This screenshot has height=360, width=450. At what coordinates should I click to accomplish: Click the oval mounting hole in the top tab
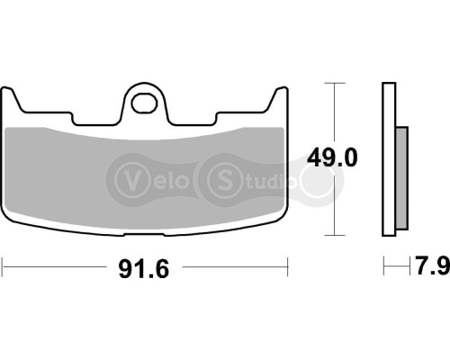(x=144, y=102)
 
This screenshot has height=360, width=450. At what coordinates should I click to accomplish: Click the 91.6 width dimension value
(x=145, y=267)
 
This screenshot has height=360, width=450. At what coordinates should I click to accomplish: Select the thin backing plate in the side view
(x=390, y=162)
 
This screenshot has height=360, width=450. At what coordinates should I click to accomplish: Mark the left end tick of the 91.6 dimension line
(x=3, y=266)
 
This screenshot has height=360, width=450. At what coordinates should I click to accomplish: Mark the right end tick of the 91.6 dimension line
(x=287, y=266)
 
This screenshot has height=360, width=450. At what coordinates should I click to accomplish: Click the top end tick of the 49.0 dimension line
(x=335, y=84)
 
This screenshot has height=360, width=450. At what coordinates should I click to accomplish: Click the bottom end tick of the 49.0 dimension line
(x=335, y=237)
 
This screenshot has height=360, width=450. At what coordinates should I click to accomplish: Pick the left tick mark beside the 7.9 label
(x=384, y=266)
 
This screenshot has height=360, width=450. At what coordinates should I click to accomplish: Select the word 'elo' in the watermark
(x=168, y=174)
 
